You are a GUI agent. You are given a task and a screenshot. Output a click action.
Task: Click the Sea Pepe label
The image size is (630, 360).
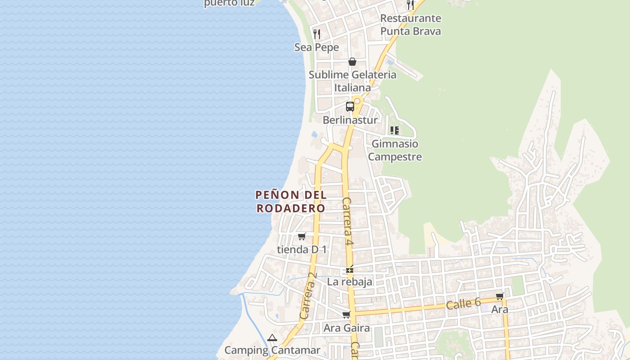(x=316, y=47)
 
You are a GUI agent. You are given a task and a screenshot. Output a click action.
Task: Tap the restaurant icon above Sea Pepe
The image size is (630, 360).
(x=316, y=34)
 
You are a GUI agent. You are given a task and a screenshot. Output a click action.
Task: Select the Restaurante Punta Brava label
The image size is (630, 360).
(x=410, y=25)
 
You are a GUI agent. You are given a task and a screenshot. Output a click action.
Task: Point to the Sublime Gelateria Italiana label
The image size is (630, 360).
(x=352, y=81)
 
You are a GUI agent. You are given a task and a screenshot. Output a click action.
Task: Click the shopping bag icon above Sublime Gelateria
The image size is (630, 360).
(x=352, y=62)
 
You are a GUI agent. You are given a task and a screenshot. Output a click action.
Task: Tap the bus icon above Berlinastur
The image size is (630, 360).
(x=350, y=107)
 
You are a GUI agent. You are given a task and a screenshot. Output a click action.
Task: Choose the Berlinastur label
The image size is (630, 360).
(x=350, y=120)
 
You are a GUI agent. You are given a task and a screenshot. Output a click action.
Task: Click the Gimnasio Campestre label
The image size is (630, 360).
(x=395, y=150)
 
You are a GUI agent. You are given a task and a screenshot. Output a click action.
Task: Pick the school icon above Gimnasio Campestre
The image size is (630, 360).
(x=395, y=130)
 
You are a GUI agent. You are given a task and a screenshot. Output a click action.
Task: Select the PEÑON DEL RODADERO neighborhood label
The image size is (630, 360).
(x=291, y=202)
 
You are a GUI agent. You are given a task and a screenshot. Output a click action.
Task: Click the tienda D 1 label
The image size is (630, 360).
(x=301, y=249)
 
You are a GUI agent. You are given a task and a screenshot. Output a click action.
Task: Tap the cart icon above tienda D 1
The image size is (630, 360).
(x=301, y=236)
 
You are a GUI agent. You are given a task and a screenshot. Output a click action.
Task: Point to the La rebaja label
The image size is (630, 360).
(x=350, y=282)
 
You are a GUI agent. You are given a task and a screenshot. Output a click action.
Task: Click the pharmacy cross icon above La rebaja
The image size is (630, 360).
(x=350, y=270)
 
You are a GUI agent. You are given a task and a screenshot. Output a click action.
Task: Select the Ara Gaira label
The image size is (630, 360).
(x=346, y=328)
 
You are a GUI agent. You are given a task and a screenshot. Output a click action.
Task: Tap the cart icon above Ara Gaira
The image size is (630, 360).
(x=346, y=315)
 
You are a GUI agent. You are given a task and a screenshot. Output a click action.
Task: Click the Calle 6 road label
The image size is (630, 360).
(x=463, y=304)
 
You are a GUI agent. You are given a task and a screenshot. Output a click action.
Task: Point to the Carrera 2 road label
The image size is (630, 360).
(x=308, y=296)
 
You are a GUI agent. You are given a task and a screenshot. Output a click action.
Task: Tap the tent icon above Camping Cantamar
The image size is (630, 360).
(x=272, y=337)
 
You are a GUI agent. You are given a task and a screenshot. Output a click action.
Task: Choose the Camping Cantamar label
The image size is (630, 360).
(x=272, y=350)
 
